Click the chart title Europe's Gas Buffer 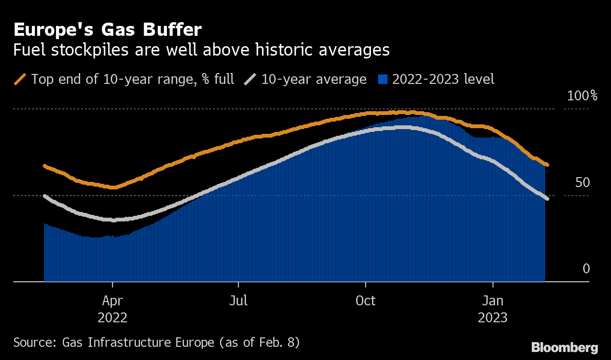(x=107, y=30)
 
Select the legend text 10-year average (x=314, y=79)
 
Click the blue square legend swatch (x=383, y=79)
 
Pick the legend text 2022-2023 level (x=443, y=79)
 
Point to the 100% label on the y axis (x=582, y=96)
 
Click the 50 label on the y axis (x=583, y=182)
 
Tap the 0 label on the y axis (x=586, y=269)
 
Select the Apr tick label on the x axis (x=113, y=301)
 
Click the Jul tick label (x=239, y=301)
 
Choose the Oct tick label (x=365, y=301)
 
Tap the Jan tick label (x=493, y=301)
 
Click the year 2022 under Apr (x=113, y=318)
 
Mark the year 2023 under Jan (x=493, y=318)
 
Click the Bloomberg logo (x=564, y=348)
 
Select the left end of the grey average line (x=44, y=196)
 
